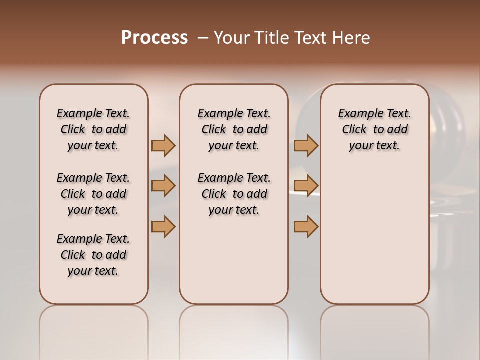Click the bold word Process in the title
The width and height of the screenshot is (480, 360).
click(154, 38)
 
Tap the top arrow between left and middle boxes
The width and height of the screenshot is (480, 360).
click(163, 145)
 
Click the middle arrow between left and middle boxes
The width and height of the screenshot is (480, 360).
click(163, 186)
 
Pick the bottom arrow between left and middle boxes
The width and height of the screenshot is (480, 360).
click(163, 226)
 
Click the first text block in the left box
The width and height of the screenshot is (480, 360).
click(93, 129)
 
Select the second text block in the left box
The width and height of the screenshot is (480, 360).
click(93, 194)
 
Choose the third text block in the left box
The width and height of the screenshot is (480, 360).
click(93, 255)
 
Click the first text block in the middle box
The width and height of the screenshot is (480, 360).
click(234, 129)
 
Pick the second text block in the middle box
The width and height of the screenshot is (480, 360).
click(234, 194)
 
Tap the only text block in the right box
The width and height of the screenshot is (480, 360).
click(374, 129)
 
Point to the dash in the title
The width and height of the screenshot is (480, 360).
click(202, 38)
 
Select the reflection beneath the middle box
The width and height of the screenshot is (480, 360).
click(234, 330)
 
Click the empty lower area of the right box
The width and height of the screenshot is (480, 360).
click(374, 240)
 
